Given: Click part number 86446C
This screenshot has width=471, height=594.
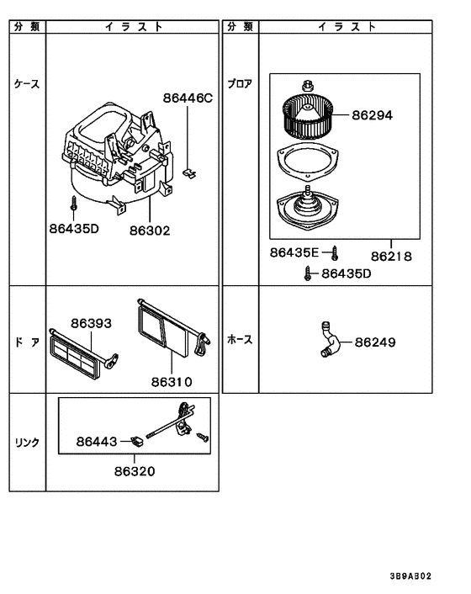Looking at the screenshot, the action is coord(188,98).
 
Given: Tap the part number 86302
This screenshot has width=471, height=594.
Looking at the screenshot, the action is coord(150,231).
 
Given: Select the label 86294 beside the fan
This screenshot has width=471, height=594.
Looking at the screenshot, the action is coord(373,114).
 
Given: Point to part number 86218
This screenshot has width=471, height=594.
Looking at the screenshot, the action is coord(391,257).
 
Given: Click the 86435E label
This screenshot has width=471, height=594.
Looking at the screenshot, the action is coord(294,252).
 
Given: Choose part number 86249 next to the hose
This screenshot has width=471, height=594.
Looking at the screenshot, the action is coord(375,342).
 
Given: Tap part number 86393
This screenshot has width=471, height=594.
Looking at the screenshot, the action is coord(91,323).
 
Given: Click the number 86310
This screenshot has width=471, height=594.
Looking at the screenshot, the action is coord(172,381).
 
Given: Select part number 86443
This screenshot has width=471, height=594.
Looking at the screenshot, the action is coord(97,442).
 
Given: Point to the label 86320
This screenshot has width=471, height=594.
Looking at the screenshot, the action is coord(135,471).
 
